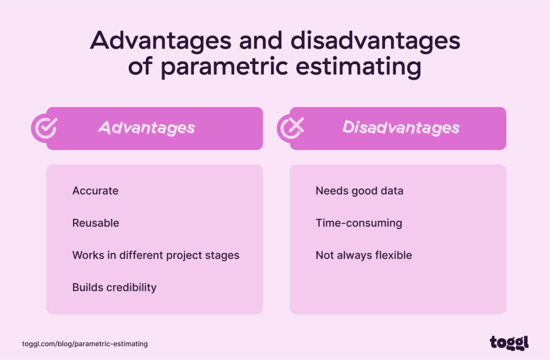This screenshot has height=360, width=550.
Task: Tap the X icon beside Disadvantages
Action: click(x=291, y=128)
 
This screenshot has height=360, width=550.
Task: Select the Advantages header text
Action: click(x=147, y=128)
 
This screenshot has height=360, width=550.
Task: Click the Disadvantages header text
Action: click(x=401, y=128)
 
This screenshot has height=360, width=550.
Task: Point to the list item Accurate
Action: click(x=95, y=191)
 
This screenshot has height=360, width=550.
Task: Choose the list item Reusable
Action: click(x=95, y=223)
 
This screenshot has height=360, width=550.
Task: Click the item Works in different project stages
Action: click(x=156, y=255)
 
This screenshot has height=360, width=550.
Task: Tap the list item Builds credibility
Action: click(x=114, y=287)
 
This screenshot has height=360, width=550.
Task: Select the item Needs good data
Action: click(x=359, y=191)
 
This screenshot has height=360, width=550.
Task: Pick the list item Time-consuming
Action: click(x=359, y=223)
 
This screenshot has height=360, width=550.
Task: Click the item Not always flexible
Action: click(x=363, y=255)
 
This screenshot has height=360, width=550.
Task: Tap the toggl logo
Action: click(x=509, y=343)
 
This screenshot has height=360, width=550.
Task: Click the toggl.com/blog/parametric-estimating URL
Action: click(x=85, y=344)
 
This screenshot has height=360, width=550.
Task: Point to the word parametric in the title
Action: click(x=223, y=67)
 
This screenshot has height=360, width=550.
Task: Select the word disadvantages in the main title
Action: click(x=375, y=41)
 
